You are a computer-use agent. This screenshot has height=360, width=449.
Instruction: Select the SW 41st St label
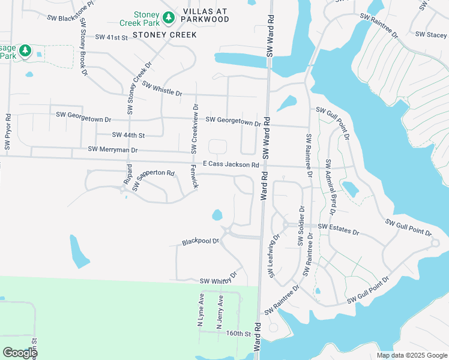[x=112, y=37]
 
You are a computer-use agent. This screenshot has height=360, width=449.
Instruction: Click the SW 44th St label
[x=129, y=136]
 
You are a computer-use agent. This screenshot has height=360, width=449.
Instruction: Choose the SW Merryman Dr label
[x=113, y=149]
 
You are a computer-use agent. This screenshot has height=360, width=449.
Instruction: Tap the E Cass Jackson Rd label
[x=231, y=164]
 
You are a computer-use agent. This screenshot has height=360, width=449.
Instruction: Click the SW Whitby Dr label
[x=219, y=280]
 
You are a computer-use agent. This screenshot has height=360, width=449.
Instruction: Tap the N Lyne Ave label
[x=202, y=311]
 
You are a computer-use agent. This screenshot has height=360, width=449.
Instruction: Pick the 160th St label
[x=238, y=333]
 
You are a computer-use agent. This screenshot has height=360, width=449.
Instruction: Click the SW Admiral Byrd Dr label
[x=331, y=187]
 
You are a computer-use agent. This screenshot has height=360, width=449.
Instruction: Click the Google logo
[x=20, y=353]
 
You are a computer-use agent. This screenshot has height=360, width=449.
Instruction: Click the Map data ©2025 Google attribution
[x=411, y=355]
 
